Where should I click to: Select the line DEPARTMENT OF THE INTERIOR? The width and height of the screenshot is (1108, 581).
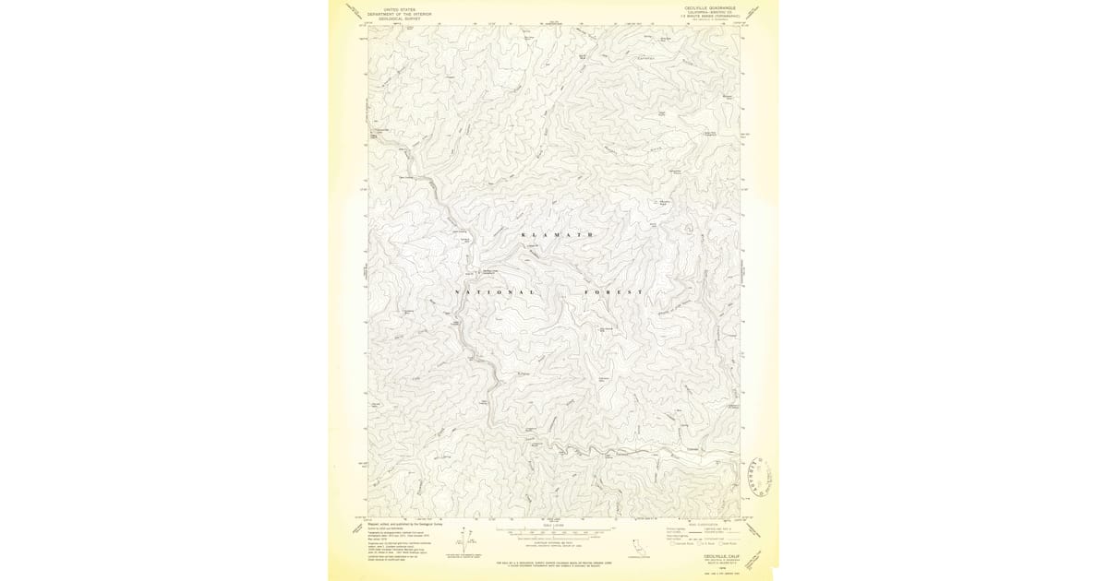(399, 14)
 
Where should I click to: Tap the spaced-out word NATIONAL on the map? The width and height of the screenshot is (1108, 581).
(495, 292)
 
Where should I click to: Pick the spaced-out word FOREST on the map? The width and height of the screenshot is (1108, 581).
(613, 292)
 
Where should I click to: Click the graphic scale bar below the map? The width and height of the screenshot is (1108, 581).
(555, 533)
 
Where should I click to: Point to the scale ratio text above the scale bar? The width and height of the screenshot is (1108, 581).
(555, 527)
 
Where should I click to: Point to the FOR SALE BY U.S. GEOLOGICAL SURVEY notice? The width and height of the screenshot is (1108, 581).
(555, 563)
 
